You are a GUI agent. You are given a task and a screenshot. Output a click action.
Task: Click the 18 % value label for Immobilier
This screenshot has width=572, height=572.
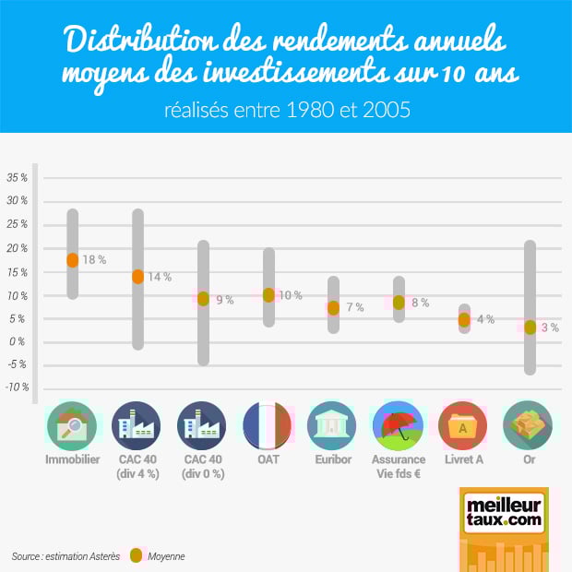94,261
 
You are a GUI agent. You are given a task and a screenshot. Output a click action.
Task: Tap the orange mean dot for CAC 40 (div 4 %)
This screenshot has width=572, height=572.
137,276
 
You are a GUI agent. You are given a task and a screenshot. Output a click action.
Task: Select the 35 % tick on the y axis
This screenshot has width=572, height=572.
18,177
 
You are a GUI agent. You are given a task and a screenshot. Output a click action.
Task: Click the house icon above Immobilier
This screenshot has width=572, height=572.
72,425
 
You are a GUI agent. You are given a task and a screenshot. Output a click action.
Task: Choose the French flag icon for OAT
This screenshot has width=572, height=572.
268,425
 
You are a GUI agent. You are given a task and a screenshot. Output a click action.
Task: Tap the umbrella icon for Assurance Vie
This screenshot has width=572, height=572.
399,425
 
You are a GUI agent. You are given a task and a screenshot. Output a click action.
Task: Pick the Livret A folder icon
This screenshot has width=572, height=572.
463,425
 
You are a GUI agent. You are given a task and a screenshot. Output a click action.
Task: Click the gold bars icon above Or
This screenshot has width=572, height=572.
529,425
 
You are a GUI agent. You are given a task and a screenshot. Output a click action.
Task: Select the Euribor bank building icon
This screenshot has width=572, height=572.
332,425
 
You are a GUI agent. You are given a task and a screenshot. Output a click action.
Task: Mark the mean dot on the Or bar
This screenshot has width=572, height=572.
530,327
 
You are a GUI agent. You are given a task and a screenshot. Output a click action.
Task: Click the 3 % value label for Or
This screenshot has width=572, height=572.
550,328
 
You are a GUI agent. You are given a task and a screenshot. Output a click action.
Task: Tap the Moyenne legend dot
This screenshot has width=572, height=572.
137,555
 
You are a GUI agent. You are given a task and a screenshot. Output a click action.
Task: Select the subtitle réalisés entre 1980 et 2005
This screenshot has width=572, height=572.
286,110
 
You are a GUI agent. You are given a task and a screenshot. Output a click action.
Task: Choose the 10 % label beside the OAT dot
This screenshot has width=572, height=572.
291,296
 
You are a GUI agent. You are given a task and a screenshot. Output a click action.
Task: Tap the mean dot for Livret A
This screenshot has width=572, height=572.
464,319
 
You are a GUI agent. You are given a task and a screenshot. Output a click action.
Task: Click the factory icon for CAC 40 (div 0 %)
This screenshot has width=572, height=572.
203,425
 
